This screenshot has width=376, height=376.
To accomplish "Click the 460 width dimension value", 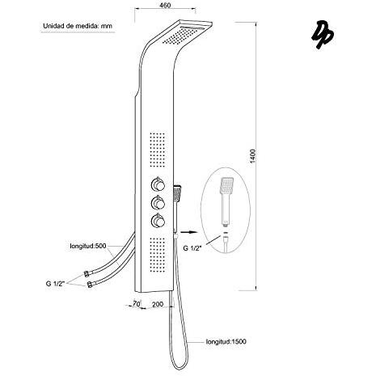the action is (x=165, y=5).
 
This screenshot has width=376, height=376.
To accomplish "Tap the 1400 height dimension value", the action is (x=252, y=156).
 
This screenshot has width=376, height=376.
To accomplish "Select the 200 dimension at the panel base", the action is (x=158, y=304).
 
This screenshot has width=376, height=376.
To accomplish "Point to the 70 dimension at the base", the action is (x=137, y=304).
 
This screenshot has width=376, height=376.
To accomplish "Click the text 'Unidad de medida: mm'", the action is (x=78, y=26).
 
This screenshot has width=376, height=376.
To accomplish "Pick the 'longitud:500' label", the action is (x=88, y=246).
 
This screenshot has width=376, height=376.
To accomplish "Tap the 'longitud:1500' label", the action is (x=226, y=341).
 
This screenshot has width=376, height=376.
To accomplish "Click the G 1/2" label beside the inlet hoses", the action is (x=55, y=284).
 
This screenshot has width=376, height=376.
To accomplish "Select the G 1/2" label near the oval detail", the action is (x=192, y=248).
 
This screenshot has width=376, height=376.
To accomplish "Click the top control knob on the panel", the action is (x=158, y=184).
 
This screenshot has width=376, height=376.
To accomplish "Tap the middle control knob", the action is (x=158, y=203).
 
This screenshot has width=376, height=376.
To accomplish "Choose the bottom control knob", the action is (x=158, y=221).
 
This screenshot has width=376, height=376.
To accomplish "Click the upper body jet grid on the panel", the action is (x=158, y=150).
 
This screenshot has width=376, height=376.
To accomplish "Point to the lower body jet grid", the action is (x=157, y=255).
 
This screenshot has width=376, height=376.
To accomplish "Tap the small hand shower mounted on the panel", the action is (x=177, y=193).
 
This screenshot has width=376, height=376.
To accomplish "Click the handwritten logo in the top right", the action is (x=323, y=35).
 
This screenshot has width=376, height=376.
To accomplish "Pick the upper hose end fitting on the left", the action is (x=87, y=274).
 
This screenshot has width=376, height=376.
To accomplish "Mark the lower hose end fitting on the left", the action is (x=90, y=285).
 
